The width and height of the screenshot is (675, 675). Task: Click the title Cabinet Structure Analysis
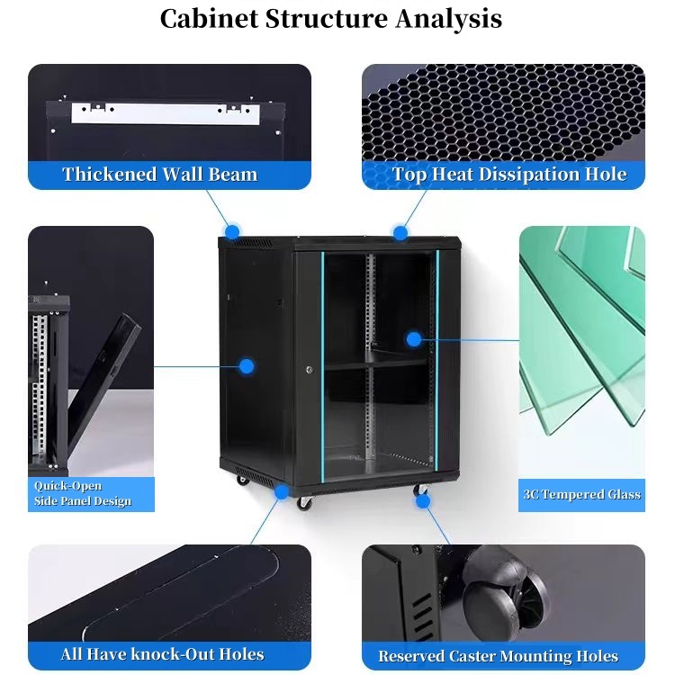tap(330, 19)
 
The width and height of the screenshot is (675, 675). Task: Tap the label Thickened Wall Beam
tap(159, 175)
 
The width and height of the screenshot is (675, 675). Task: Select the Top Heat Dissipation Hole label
tap(508, 175)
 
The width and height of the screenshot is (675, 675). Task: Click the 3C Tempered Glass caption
tap(581, 494)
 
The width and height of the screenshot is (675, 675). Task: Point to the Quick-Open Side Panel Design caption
tap(82, 493)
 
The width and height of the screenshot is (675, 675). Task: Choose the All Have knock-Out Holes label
tap(162, 654)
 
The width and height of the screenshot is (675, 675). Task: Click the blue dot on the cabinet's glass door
tap(414, 339)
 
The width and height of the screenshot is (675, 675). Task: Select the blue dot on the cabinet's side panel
tap(246, 366)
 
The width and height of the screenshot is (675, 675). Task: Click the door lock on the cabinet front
tap(308, 369)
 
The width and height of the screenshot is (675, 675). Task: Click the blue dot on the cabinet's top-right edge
tap(400, 232)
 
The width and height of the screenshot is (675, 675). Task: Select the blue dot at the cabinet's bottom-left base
tap(283, 491)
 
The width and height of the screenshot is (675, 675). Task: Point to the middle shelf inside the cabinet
tap(375, 363)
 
